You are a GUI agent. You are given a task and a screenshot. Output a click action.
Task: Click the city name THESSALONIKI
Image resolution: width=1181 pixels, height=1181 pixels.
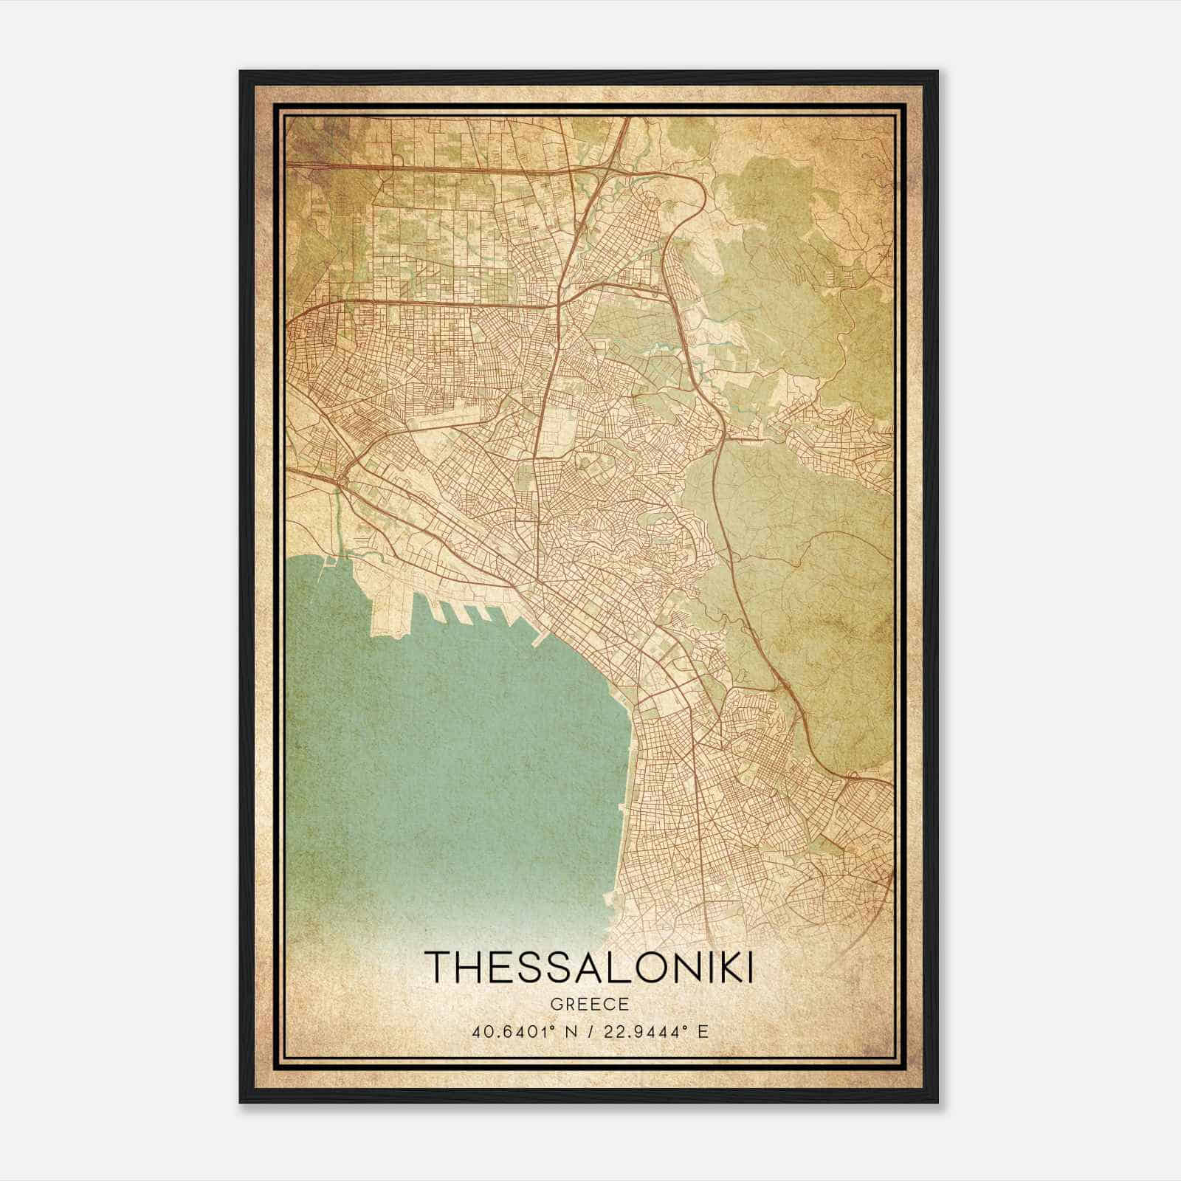pos(590,966)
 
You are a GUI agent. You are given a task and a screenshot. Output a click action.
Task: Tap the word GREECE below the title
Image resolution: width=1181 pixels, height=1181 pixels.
pos(590,1004)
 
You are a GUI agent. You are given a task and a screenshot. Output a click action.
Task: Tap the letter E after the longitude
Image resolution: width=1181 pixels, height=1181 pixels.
pos(703,1031)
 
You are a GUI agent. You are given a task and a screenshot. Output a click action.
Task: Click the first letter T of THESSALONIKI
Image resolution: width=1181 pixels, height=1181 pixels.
pos(438,966)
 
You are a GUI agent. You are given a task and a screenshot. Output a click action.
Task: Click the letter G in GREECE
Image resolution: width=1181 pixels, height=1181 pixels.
pos(554,1004)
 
